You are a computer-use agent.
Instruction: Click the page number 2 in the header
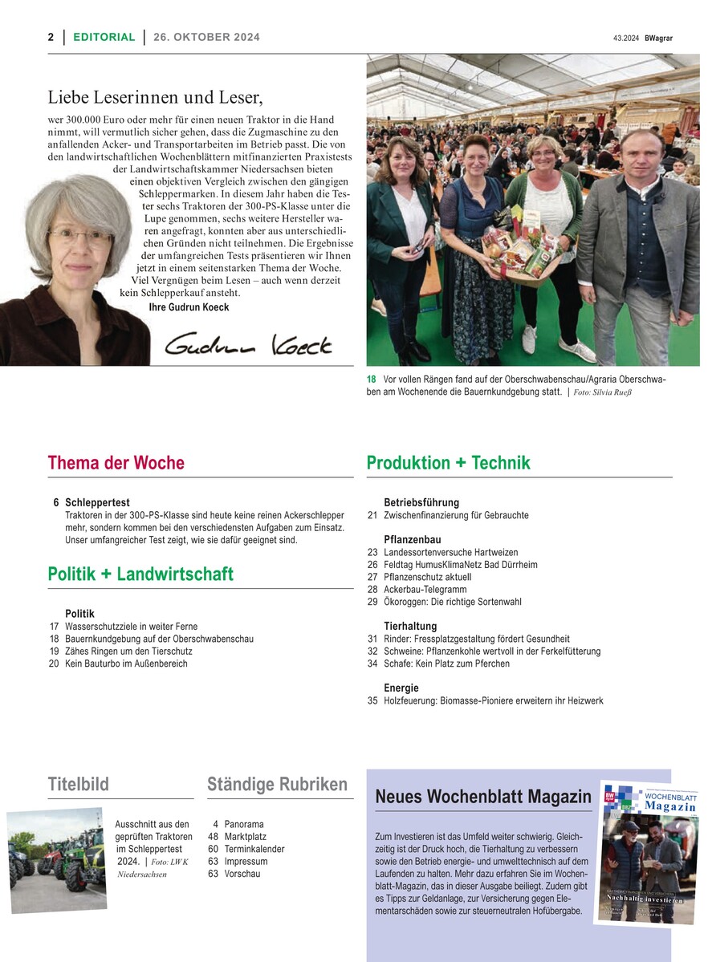[x=51, y=37]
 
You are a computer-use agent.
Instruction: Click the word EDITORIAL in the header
[x=104, y=37]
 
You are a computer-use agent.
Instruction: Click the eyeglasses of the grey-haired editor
[x=80, y=237]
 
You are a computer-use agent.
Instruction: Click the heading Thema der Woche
[x=116, y=463]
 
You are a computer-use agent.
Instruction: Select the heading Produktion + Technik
[x=448, y=463]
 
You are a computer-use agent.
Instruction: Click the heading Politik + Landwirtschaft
[x=140, y=574]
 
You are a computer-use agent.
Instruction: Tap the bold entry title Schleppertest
[x=97, y=503]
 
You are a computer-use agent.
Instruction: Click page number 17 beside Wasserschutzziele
[x=54, y=627]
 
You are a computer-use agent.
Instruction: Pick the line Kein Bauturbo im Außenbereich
[x=126, y=664]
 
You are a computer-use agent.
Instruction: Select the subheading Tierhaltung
[x=410, y=626]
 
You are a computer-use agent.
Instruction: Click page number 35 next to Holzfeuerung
[x=372, y=700]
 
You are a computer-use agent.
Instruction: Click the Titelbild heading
[x=78, y=785]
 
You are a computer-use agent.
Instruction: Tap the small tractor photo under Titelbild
[x=57, y=858]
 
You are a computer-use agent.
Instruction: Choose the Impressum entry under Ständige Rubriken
[x=246, y=862]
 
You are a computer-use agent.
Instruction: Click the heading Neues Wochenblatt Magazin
[x=483, y=798]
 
